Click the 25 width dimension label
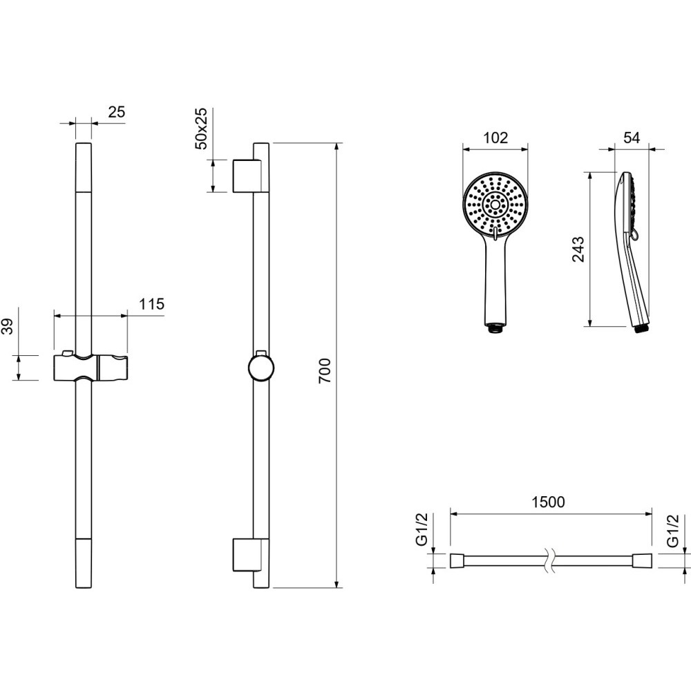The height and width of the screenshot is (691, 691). point(117,112)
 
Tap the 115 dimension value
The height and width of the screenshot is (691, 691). point(151,304)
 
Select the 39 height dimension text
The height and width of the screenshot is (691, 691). point(8,327)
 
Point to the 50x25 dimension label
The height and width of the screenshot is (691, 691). point(201,129)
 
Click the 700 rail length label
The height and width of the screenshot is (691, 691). point(325,370)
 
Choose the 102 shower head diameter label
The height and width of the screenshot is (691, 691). point(495,138)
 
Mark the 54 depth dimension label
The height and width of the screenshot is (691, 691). point(632,138)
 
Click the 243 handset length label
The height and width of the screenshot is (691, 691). point(578,249)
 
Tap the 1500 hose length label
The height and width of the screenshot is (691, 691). point(548,502)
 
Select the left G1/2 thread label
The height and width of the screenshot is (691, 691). point(422,530)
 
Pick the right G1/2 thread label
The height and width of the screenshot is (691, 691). point(673,531)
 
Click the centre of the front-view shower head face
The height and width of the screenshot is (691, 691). point(495,205)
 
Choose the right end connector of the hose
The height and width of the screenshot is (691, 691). point(642,561)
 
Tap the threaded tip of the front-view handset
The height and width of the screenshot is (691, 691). point(495,328)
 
